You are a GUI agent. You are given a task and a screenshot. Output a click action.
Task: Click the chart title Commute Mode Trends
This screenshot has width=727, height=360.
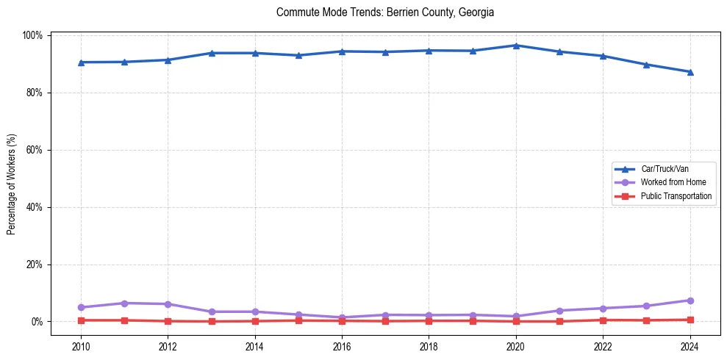pos(385,12)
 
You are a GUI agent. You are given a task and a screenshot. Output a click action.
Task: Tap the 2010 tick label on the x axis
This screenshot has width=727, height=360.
pos(81,347)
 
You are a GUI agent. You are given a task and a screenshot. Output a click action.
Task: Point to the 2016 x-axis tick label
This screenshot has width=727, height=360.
pos(342,347)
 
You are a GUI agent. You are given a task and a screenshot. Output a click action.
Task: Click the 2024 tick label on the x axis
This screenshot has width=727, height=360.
pos(690,347)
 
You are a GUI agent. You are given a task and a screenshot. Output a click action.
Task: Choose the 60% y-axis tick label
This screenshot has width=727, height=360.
pos(35,150)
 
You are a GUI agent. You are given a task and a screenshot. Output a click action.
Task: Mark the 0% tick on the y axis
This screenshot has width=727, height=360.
pos(37,322)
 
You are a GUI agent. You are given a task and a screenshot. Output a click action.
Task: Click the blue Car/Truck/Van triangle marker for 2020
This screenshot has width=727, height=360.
pos(516,46)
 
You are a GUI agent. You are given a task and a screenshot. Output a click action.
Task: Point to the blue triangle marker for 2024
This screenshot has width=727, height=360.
pos(690,72)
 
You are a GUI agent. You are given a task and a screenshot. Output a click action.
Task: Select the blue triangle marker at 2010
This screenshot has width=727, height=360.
pos(81,62)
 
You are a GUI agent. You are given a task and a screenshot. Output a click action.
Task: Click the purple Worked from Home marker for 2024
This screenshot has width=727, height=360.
pos(690,300)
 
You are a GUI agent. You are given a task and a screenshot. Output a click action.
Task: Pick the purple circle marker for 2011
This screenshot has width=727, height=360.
pos(124,303)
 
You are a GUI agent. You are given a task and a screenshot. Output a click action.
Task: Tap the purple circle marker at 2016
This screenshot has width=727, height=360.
pos(342,317)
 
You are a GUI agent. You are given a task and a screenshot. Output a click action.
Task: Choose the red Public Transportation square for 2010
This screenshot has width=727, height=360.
pos(81,320)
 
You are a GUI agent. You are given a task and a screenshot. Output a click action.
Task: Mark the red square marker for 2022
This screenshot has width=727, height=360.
pos(603,320)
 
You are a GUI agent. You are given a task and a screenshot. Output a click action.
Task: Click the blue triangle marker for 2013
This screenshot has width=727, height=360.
pos(212,53)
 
